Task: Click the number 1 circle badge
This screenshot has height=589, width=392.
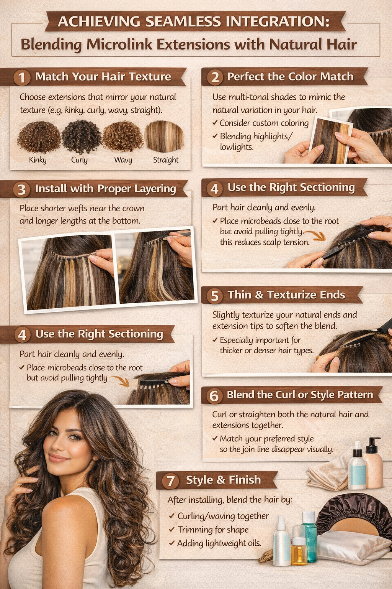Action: pos(22,77)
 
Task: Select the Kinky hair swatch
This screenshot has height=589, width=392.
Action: pos(39,137)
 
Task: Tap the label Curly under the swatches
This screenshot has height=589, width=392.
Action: pos(79,160)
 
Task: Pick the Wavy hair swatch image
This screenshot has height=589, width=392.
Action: pos(123,137)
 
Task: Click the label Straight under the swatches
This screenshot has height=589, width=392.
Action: pos(166,160)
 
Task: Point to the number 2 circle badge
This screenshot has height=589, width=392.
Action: pos(215,77)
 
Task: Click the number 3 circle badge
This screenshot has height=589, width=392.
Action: pos(21,189)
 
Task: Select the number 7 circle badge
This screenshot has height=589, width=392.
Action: pos(171,481)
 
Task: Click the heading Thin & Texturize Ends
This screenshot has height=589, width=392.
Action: pos(286,295)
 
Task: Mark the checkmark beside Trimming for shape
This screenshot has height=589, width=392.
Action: pos(172,530)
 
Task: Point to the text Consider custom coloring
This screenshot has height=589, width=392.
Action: pos(264,123)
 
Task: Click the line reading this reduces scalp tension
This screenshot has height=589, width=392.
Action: pos(265,242)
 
